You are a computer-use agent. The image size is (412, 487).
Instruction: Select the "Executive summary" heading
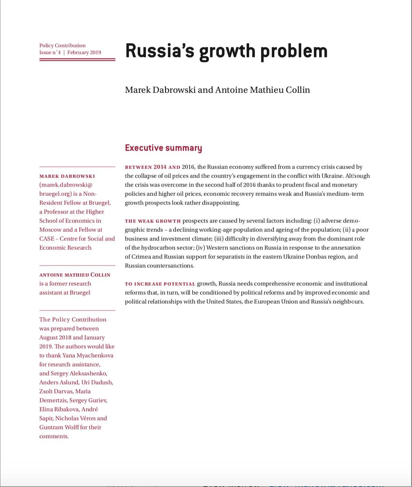pyautogui.click(x=163, y=148)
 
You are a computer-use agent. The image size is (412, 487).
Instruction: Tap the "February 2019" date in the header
pyautogui.click(x=84, y=52)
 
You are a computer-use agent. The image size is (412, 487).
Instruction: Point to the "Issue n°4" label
pyautogui.click(x=50, y=52)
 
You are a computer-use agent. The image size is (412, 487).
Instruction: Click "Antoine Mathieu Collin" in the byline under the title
pyautogui.click(x=263, y=90)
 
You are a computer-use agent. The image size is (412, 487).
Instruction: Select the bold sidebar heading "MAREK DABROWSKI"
pyautogui.click(x=67, y=176)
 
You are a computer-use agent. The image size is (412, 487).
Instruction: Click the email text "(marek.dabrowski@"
pyautogui.click(x=66, y=185)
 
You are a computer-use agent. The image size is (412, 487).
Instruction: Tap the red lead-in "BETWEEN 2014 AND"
pyautogui.click(x=153, y=167)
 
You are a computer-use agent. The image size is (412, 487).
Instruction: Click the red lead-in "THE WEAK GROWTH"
pyautogui.click(x=153, y=221)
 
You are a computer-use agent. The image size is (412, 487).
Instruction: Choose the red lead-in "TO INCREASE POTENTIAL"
pyautogui.click(x=160, y=284)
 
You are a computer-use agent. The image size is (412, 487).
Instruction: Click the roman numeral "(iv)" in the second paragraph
pyautogui.click(x=200, y=248)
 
